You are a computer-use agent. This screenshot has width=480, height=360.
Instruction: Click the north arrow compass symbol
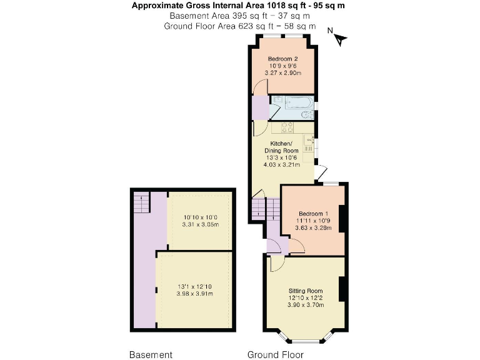[339, 38]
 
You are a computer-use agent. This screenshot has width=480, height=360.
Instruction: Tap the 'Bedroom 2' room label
[282, 59]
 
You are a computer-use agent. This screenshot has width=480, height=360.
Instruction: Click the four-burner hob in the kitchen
[287, 127]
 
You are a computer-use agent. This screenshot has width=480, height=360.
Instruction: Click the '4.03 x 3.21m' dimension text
[283, 165]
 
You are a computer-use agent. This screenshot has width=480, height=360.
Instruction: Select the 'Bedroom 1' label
[311, 212]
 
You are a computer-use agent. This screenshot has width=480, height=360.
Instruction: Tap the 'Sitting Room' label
[305, 291]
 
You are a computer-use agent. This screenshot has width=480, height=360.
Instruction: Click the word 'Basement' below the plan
[151, 355]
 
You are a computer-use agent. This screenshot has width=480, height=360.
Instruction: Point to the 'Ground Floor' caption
[276, 355]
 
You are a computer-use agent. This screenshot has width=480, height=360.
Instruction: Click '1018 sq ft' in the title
[287, 6]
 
